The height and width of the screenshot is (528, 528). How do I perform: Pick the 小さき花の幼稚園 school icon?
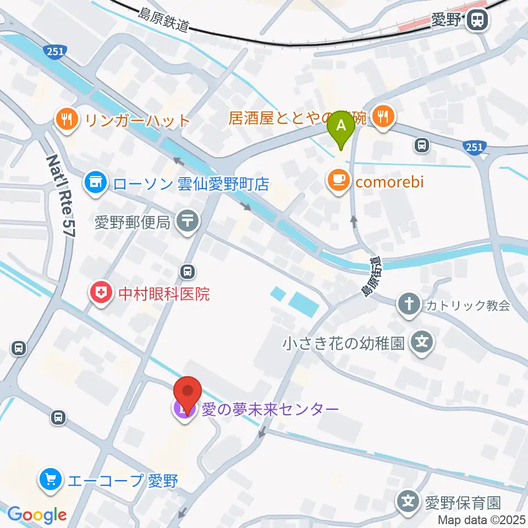(x=422, y=344)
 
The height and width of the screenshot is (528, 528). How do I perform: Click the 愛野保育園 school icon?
(x=408, y=502)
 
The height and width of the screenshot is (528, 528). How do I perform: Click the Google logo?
(x=37, y=515)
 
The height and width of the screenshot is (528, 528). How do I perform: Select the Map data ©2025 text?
(x=482, y=519)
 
